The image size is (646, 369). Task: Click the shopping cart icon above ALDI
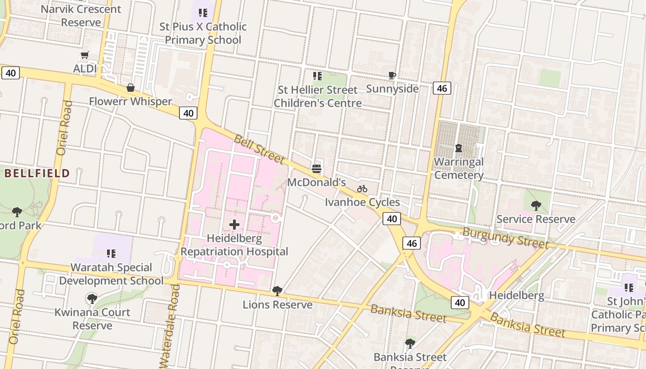[x=84, y=55]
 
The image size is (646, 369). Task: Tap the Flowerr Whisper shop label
[x=130, y=101]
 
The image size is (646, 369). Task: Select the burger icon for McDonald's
[x=317, y=168]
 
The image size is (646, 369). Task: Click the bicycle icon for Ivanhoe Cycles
[x=362, y=189]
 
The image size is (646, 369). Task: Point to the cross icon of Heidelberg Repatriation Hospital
[x=234, y=225]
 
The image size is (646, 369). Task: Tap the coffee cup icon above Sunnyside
[x=392, y=75]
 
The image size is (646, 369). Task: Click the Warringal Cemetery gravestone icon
[x=459, y=148]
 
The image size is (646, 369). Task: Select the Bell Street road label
[x=259, y=149]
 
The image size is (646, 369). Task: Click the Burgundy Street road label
[x=505, y=238]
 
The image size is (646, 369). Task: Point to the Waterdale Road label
[x=170, y=326]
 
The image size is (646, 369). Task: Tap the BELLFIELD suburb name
[x=37, y=174]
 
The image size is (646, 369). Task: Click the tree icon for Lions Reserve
[x=277, y=291]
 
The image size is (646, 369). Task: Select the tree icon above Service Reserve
[x=536, y=205]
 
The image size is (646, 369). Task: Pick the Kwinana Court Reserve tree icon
[x=92, y=298]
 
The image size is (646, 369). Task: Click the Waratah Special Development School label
[x=111, y=274]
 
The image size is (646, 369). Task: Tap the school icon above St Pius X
[x=203, y=13]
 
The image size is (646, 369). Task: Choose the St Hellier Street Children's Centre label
[x=317, y=96]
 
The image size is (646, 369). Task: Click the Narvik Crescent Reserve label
[x=81, y=15]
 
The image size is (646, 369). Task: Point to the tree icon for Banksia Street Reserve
[x=410, y=343]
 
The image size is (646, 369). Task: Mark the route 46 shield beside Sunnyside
[x=442, y=88]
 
